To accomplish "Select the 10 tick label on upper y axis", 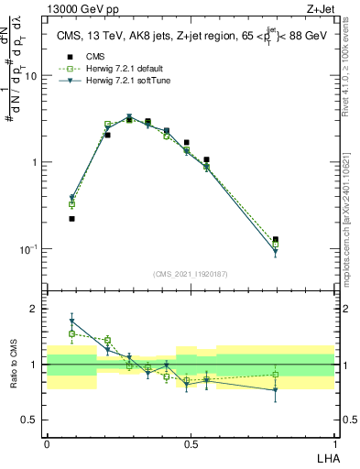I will tap(30, 76).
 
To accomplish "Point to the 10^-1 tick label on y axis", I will tap(27, 248).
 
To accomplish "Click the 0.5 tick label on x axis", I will tap(191, 442).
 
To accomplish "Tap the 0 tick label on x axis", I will tap(47, 442).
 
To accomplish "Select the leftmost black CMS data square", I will tap(71, 219).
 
